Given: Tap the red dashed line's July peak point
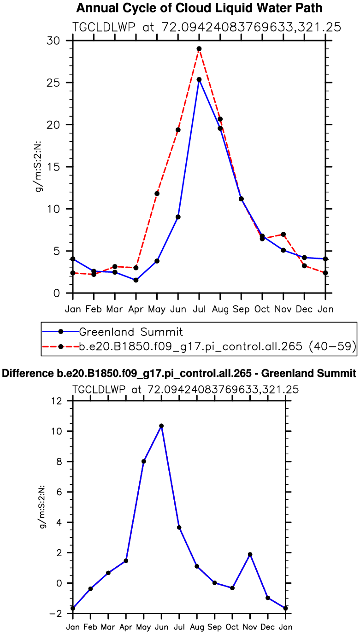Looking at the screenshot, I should tap(199, 49).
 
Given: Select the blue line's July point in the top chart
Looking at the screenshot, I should tap(199, 80).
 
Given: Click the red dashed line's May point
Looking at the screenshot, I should tap(157, 194).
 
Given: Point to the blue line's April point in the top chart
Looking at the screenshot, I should tap(136, 280).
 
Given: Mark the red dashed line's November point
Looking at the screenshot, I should tap(283, 235).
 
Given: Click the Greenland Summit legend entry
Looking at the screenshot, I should tap(131, 331).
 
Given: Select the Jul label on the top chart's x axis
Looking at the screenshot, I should tap(199, 309).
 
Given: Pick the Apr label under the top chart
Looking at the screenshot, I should tap(136, 309).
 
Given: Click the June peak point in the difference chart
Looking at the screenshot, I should tap(161, 426).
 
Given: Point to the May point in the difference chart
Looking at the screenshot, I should tap(144, 461).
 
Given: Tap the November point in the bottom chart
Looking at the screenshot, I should tap(250, 554).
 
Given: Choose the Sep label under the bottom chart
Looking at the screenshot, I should tap(214, 627).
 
